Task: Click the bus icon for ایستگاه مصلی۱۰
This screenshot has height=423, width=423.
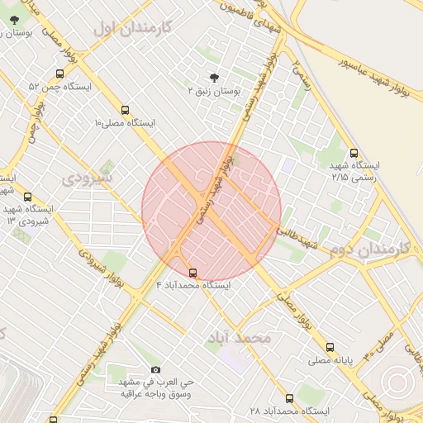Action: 126,109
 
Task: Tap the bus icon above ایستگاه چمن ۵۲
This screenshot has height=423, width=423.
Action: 53,72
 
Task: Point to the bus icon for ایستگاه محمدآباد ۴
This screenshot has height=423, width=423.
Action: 193,272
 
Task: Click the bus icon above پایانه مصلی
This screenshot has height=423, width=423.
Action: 330,347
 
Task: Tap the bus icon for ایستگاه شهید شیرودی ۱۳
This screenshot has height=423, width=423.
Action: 28,197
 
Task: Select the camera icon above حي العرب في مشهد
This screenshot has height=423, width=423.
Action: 156,369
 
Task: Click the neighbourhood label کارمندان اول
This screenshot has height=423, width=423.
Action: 131,27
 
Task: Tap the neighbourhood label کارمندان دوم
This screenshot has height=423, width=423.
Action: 369,248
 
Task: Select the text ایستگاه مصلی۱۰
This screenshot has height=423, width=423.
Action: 125,122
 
